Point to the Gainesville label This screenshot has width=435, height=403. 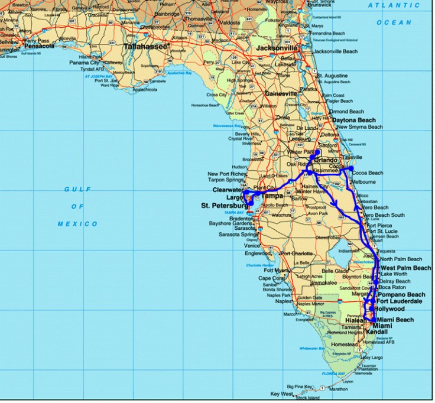tap(281, 93)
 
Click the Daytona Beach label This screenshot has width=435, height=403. tap(353, 120)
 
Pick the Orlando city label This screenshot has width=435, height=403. tap(326, 160)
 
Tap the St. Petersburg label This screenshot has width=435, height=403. tap(223, 205)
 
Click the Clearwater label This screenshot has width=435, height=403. tap(228, 190)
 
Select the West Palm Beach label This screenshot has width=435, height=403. tap(406, 268)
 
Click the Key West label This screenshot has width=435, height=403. tap(282, 394)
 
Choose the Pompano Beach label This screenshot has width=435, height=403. tap(401, 294)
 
